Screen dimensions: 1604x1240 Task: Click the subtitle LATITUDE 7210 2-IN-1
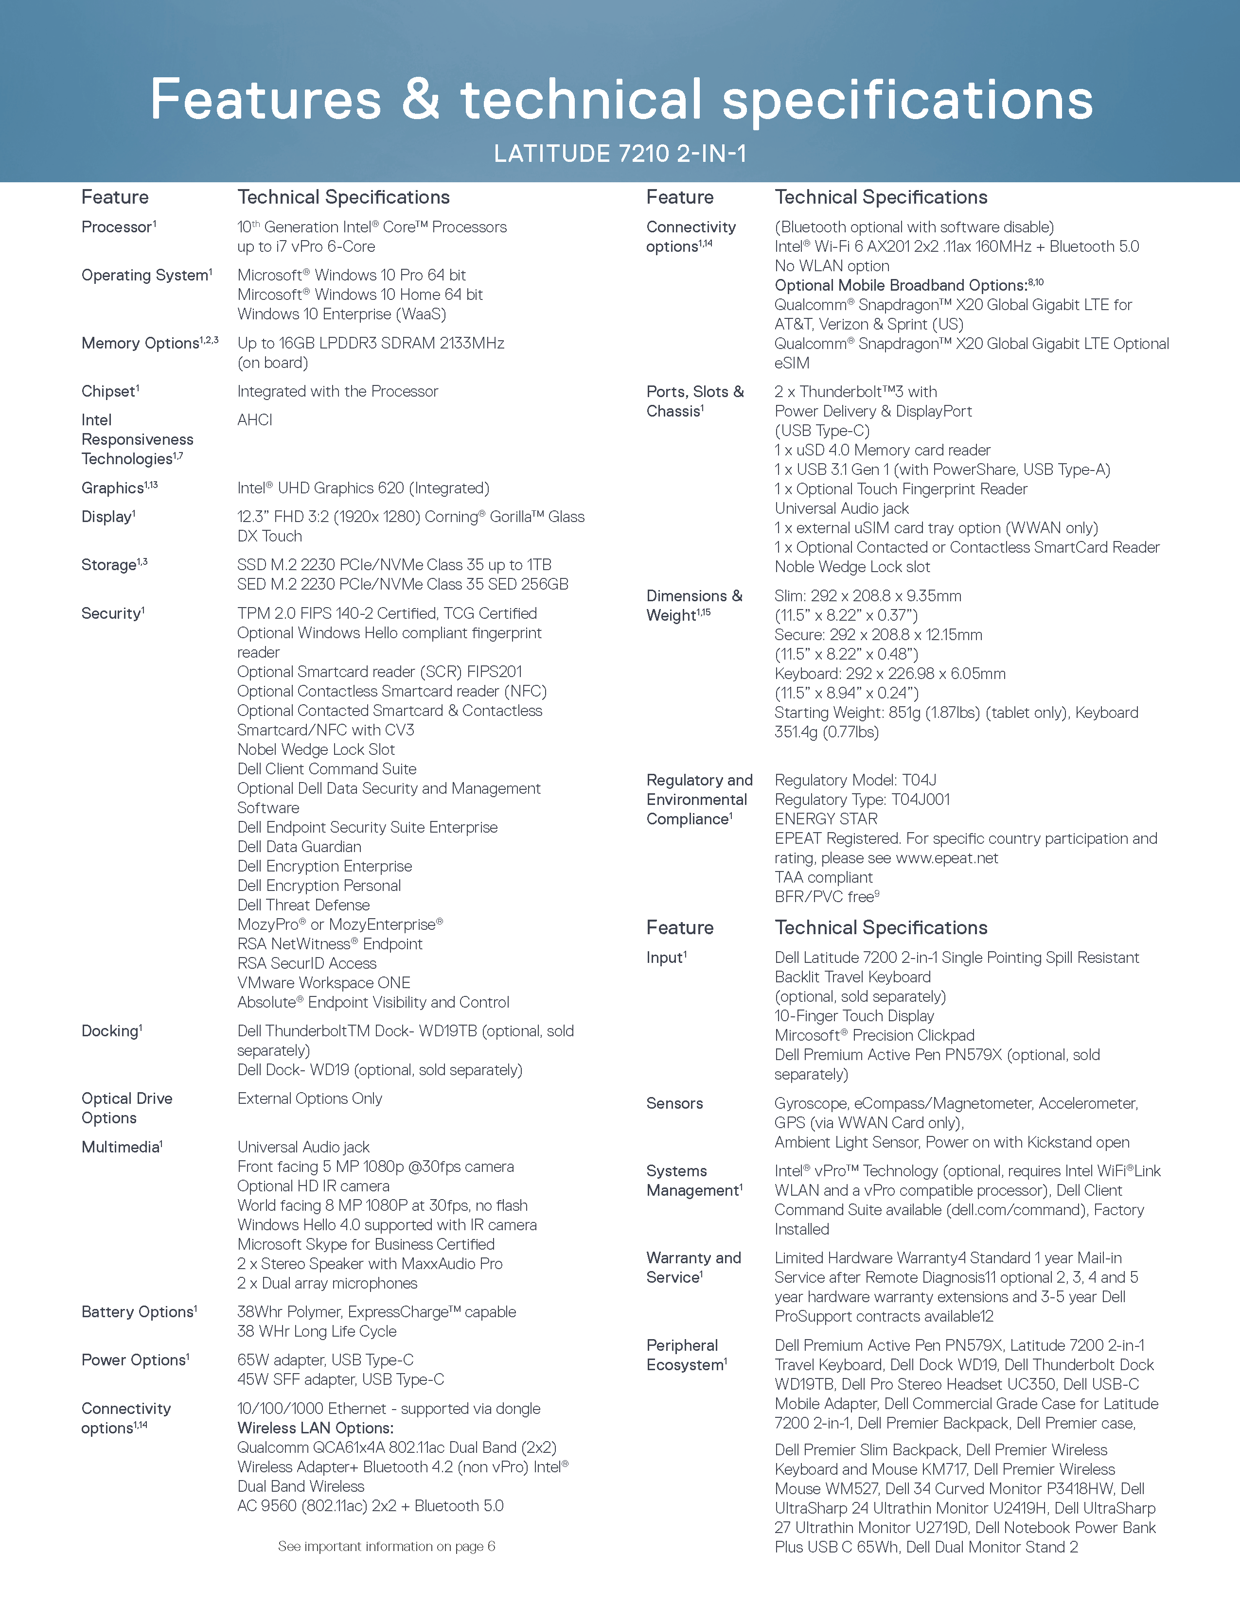pos(620,154)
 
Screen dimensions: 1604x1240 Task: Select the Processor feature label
pos(118,227)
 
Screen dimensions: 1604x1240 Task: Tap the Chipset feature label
pos(109,391)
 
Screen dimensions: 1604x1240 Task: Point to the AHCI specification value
pos(254,420)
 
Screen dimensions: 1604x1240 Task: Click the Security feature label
pos(112,614)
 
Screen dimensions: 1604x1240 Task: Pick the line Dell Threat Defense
pos(303,905)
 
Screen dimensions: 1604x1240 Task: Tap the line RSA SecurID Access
pos(306,963)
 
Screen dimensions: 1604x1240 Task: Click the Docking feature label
pos(111,1031)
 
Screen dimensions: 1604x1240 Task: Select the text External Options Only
pos(309,1098)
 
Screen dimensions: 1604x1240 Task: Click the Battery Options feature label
pos(138,1312)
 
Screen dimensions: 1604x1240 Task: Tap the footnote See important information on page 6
pos(387,1546)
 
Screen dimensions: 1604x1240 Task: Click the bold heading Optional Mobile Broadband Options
pos(901,286)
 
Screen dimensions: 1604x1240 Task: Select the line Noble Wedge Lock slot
pos(852,567)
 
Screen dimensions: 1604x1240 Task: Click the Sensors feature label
pos(674,1103)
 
